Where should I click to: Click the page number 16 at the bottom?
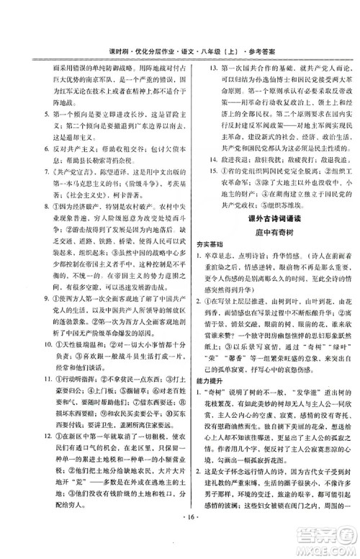click(x=179, y=537)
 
